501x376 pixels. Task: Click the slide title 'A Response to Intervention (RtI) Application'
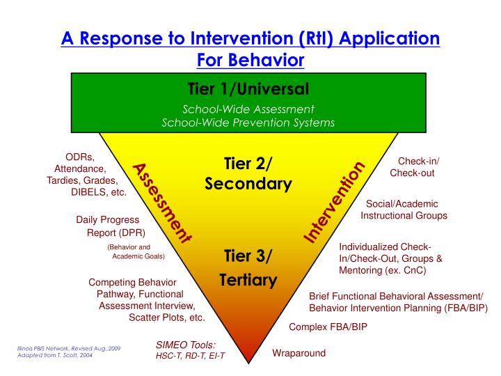click(250, 38)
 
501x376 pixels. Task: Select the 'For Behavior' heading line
click(250, 60)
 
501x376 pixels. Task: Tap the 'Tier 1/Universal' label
click(248, 89)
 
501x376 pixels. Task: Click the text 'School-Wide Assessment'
click(248, 109)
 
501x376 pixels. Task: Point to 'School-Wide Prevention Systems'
click(248, 123)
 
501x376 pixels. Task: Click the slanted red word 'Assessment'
click(161, 203)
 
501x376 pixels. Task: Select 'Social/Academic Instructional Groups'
click(404, 210)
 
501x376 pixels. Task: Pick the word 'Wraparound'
click(299, 353)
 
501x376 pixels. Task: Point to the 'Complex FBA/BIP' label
click(328, 327)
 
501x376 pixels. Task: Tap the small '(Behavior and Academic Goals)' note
click(135, 251)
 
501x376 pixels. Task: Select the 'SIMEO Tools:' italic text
click(186, 344)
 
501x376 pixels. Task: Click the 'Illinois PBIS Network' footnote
click(69, 347)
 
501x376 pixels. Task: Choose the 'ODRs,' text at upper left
click(79, 157)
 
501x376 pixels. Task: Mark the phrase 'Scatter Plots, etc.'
click(167, 318)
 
